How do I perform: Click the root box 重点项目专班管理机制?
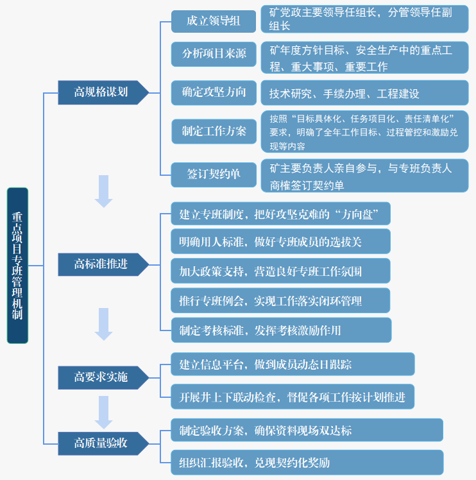tap(17, 266)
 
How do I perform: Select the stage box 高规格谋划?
tap(103, 92)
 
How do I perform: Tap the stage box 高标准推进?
tap(103, 264)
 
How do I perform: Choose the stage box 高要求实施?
tap(103, 377)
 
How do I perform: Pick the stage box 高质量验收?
tap(103, 443)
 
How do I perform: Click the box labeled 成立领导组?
tap(214, 21)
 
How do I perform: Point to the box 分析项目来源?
tap(214, 54)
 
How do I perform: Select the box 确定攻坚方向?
tap(214, 93)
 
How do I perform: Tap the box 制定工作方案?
tap(214, 132)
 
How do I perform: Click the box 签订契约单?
tap(214, 175)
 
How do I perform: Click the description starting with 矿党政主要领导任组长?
tap(364, 19)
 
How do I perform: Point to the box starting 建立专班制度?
tap(280, 214)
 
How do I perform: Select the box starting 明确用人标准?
tap(280, 241)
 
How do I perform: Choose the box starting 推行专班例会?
tap(280, 300)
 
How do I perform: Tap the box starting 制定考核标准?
tap(281, 330)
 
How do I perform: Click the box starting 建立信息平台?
tap(293, 364)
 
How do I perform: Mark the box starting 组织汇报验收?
tap(307, 462)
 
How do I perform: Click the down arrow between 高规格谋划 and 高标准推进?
tap(103, 191)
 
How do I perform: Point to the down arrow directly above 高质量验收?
tap(103, 413)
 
